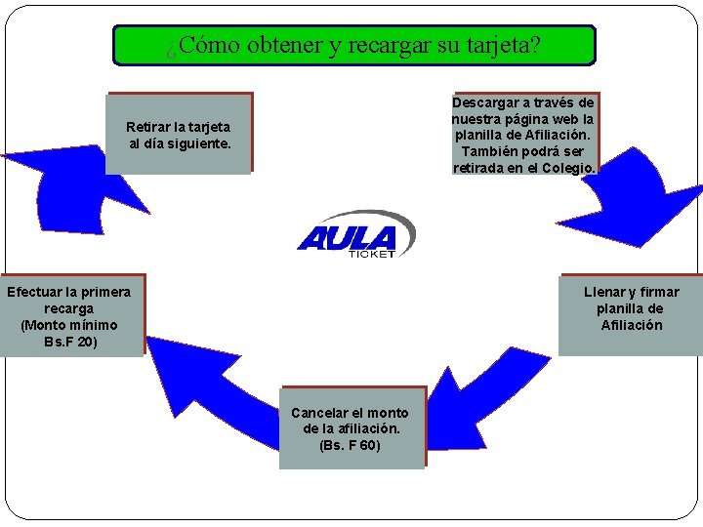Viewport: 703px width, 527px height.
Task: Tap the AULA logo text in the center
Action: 347,237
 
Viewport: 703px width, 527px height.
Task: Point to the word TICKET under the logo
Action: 371,255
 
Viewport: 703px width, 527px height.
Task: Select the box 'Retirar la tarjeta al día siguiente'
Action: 179,134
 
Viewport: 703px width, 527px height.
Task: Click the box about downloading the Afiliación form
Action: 524,135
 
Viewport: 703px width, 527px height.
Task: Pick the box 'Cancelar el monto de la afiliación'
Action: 351,427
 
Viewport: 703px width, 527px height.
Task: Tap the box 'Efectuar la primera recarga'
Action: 70,314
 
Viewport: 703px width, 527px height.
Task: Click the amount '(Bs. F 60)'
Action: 350,446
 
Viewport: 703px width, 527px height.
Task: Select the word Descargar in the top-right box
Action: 484,102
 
